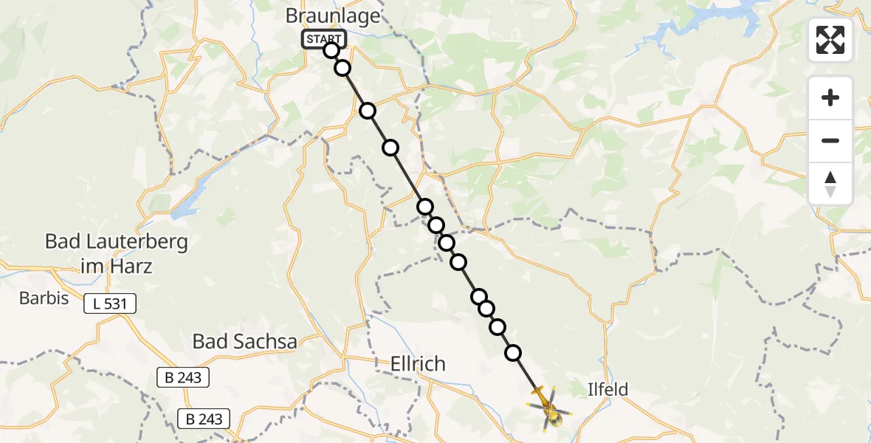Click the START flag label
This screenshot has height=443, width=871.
point(323,39)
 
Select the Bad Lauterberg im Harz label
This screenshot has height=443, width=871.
point(106,253)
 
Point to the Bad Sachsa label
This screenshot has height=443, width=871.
point(244,341)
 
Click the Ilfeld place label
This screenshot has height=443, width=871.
point(608,388)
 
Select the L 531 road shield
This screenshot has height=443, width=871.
point(109,303)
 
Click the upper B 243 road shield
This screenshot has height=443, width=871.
point(184,377)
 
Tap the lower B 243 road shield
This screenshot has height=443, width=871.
point(204,419)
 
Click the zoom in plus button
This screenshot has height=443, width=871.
point(830,97)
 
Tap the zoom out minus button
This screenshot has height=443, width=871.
point(830,140)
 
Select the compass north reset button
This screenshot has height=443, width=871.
point(830,183)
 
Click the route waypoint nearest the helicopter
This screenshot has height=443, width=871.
point(512,353)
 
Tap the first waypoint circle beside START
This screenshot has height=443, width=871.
point(331,50)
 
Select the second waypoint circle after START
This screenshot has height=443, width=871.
point(342,68)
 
